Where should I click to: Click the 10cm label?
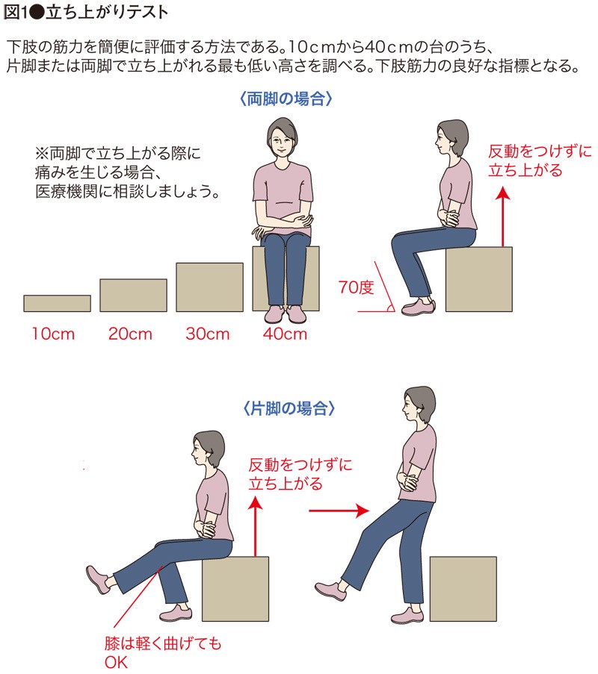[x=53, y=334]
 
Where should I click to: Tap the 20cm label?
[x=130, y=334]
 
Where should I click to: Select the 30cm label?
[x=208, y=334]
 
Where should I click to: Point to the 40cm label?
[x=285, y=334]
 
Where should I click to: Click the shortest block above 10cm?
[x=58, y=304]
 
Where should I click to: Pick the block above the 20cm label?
[x=134, y=296]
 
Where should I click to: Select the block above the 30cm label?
[x=209, y=287]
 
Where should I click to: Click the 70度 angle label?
[x=356, y=287]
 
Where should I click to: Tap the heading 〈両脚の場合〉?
[x=286, y=99]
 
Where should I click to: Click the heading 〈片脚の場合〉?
[x=289, y=408]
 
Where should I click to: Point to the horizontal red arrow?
[x=339, y=511]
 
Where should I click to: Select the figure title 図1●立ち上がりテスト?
[x=85, y=12]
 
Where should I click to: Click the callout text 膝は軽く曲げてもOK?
[x=163, y=652]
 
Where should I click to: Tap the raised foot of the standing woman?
[x=330, y=591]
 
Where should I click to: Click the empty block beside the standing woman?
[x=463, y=589]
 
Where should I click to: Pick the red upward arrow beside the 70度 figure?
[x=502, y=216]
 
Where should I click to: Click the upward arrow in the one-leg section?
[x=256, y=526]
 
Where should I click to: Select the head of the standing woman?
[x=418, y=404]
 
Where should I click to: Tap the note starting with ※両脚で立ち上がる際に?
[x=127, y=172]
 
